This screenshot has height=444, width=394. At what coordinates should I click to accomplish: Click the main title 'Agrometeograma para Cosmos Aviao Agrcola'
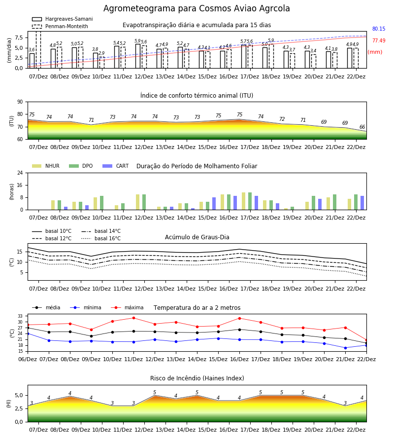197,8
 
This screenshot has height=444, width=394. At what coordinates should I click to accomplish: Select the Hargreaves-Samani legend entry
63,19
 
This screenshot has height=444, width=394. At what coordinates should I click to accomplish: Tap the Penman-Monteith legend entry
60,26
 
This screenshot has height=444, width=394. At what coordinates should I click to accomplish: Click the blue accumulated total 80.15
379,29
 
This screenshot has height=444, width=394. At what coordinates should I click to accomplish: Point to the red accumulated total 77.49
379,41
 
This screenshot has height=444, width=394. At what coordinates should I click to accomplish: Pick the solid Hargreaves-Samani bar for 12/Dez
138,56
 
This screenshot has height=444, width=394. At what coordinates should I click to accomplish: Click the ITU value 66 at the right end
362,127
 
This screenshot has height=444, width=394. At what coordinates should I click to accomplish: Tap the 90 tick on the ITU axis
20,102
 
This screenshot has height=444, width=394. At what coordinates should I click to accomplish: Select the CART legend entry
116,166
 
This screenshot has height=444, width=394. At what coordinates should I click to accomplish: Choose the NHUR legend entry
46,166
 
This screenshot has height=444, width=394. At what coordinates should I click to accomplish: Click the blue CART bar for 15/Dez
214,204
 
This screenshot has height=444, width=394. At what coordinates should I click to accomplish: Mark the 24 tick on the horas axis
20,173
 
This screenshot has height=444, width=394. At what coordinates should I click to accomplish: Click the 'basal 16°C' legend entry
101,238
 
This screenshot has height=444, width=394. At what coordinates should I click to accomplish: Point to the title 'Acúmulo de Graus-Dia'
197,237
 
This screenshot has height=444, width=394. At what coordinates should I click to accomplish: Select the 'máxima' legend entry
128,307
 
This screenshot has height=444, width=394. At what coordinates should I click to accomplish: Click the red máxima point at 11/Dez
133,318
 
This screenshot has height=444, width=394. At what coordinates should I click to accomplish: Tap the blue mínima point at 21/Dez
345,348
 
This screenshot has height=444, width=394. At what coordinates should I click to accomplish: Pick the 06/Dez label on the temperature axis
28,359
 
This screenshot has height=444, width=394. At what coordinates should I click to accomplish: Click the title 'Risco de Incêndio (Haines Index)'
197,378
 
